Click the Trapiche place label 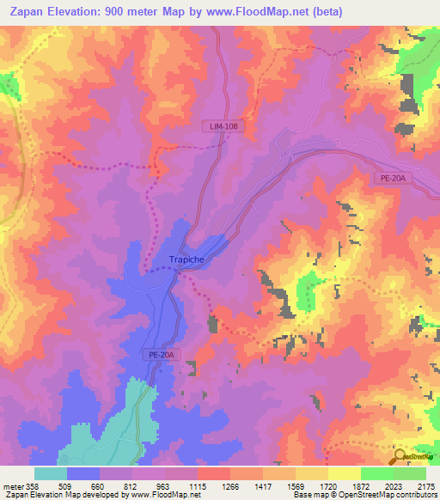(x=174, y=259)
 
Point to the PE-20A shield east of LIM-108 (x=394, y=178)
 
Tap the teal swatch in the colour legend (x=51, y=473)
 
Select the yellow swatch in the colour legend (x=344, y=473)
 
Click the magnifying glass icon (x=399, y=455)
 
